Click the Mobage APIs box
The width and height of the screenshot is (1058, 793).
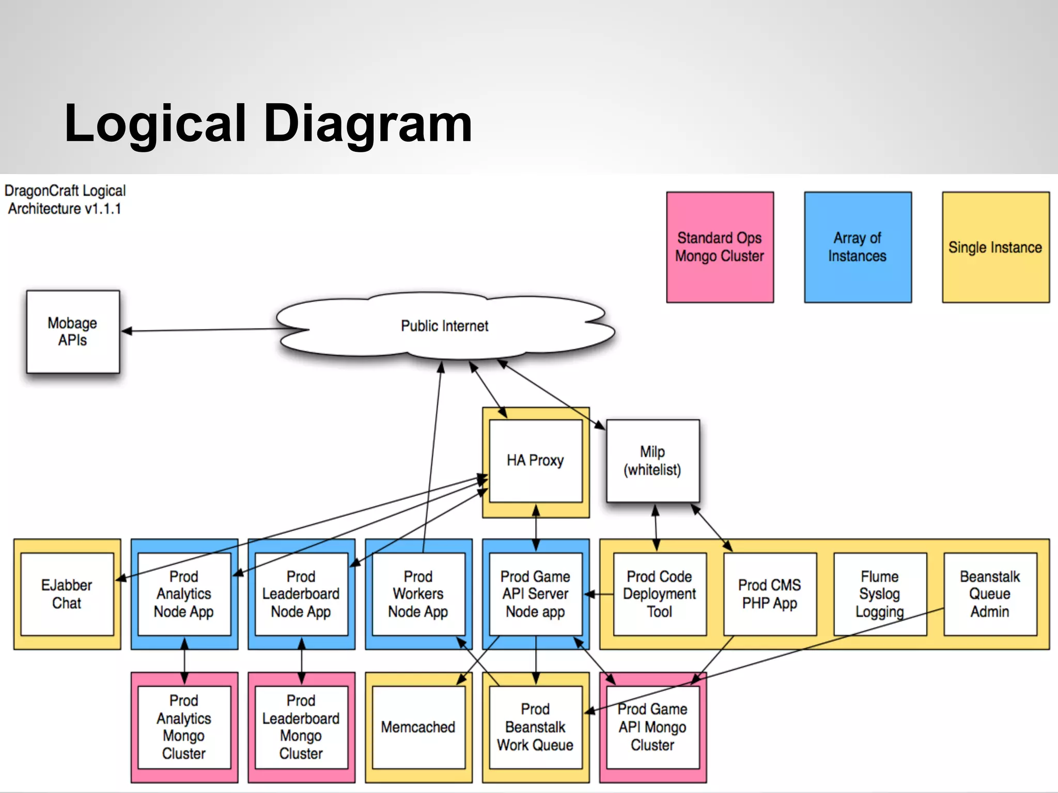tap(73, 331)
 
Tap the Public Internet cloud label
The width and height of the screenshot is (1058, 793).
tap(444, 326)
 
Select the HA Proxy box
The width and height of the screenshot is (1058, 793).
tap(535, 460)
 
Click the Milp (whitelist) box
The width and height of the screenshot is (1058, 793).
tap(652, 461)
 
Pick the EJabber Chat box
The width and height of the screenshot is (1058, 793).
tap(67, 594)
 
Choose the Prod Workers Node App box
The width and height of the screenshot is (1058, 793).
tap(418, 594)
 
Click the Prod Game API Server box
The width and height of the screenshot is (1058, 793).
tap(535, 594)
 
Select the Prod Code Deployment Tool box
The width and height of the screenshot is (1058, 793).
tap(659, 594)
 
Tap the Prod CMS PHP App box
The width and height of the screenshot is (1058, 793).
tap(769, 594)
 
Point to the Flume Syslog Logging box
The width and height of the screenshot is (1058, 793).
tap(879, 594)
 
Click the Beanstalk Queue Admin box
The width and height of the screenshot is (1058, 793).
tap(990, 594)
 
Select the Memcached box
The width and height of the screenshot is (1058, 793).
tap(418, 727)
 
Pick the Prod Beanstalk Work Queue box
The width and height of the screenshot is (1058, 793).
tap(535, 727)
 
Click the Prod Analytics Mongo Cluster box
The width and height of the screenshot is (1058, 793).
tap(184, 727)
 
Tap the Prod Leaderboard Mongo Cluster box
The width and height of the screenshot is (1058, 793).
tap(301, 727)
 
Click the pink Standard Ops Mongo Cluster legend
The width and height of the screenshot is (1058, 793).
tap(720, 247)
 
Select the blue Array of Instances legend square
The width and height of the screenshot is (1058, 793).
tap(858, 247)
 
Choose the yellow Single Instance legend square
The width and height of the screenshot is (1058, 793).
tap(995, 247)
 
